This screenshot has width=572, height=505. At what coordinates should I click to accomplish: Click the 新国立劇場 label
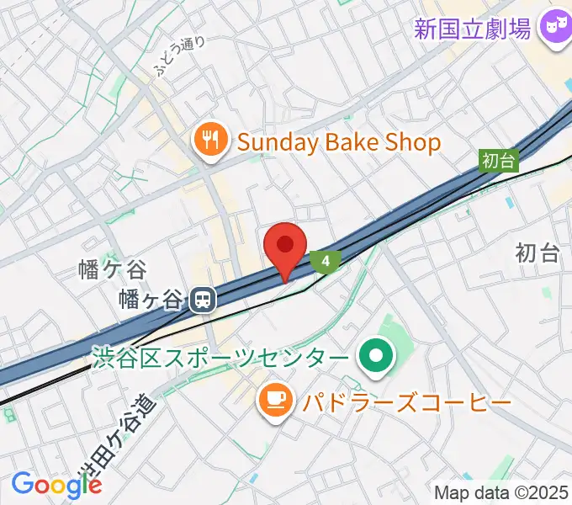473,29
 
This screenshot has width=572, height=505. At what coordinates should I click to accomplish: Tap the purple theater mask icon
554,29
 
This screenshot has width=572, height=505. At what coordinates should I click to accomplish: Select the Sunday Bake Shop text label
338,142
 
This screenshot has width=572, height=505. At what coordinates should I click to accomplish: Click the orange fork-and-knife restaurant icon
210,141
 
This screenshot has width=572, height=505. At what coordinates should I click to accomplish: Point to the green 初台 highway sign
499,160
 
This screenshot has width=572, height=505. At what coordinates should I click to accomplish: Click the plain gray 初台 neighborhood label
538,252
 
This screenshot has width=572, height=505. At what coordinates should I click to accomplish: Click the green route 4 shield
325,262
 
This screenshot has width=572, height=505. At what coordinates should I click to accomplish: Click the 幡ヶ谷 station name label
151,299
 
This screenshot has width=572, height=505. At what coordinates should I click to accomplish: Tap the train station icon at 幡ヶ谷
201,300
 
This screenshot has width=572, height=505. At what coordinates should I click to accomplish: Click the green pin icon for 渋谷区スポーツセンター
376,358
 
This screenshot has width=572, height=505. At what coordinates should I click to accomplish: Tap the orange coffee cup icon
275,401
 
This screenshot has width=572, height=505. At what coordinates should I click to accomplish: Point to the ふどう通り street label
178,55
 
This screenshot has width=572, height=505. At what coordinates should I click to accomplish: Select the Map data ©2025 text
501,493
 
